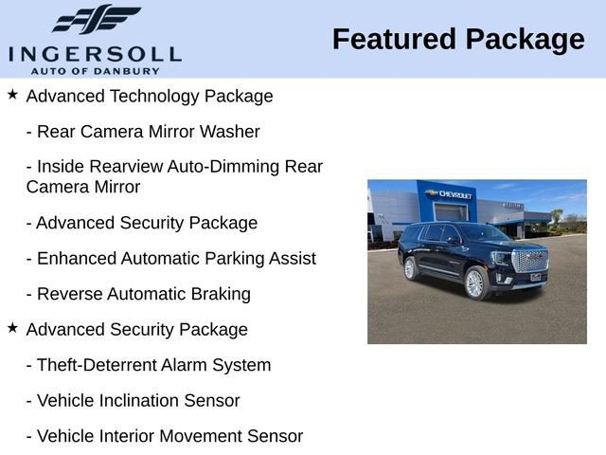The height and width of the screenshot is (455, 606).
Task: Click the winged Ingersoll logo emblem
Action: click(97, 19)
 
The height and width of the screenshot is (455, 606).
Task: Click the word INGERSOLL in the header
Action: click(95, 55)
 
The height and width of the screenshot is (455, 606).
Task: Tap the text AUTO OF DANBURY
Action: click(95, 71)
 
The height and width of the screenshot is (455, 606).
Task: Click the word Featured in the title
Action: click(394, 39)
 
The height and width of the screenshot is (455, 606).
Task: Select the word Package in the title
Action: click(526, 41)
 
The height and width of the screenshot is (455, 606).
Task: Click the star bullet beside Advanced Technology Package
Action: click(12, 94)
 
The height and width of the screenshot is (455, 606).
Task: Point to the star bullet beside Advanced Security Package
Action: click(12, 328)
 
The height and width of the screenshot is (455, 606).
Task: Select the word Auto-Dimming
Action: click(223, 167)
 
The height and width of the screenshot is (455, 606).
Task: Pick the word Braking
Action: click(221, 295)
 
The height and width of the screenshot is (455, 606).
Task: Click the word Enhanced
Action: click(77, 259)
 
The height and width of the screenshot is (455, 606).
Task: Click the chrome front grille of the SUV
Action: click(530, 261)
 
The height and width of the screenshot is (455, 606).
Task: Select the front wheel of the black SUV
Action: click(475, 282)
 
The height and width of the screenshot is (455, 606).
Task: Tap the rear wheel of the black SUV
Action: click(410, 268)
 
